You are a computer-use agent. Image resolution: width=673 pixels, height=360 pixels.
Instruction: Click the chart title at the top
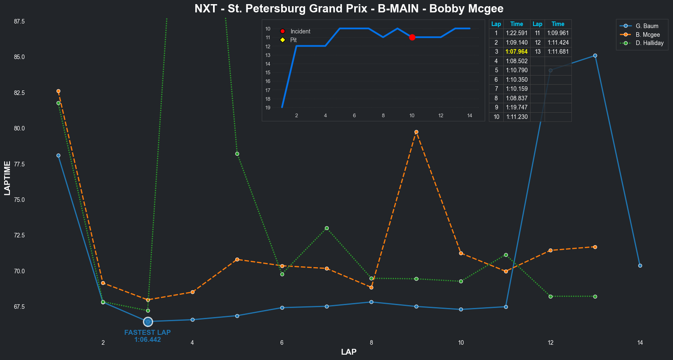(x=349, y=9)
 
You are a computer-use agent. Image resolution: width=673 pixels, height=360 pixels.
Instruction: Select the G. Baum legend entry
(x=647, y=26)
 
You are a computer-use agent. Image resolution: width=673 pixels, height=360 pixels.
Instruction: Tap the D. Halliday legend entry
(x=649, y=43)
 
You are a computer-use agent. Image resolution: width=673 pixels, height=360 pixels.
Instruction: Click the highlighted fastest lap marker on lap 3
(x=148, y=322)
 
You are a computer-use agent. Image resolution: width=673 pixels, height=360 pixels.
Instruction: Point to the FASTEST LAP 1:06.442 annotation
(x=147, y=336)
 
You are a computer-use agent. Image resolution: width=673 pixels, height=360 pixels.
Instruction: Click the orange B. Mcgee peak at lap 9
(x=416, y=132)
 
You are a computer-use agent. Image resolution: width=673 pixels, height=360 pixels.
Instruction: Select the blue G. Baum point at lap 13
(x=595, y=55)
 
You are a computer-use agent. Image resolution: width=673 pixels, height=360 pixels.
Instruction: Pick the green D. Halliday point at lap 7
(x=327, y=228)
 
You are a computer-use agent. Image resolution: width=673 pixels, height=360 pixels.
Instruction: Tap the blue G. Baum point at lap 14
(x=640, y=266)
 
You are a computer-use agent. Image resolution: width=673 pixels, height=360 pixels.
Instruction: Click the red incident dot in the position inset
(x=412, y=37)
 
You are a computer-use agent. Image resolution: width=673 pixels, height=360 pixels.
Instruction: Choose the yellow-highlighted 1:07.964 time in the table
(x=517, y=52)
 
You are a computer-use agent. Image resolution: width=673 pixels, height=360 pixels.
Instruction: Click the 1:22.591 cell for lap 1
(x=517, y=33)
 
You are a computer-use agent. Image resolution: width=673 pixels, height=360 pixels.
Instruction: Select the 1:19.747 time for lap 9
(x=517, y=107)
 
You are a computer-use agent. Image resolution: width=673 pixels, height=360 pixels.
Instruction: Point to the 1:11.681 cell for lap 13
(x=558, y=52)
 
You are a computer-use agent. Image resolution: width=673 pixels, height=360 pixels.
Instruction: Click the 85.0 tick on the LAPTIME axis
(x=19, y=57)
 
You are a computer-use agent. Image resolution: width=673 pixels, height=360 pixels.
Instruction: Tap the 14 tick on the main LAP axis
(x=640, y=343)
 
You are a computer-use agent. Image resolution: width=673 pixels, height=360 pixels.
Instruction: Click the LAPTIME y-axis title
(x=7, y=178)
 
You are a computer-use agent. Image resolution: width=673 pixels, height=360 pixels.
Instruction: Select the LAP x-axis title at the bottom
(x=349, y=352)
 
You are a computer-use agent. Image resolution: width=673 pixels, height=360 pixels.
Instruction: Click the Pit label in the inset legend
(x=293, y=40)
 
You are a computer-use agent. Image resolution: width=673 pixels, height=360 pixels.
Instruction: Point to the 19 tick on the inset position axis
(x=268, y=108)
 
